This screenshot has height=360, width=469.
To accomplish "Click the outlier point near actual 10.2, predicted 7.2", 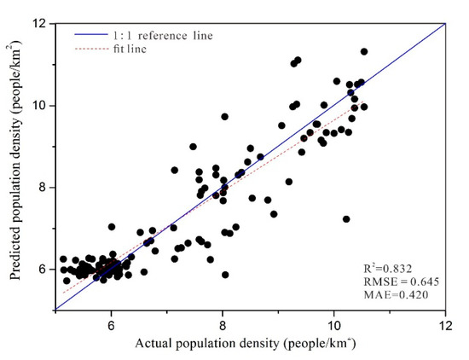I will [346, 219].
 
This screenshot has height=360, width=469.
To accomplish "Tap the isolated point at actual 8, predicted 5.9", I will [225, 275].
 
